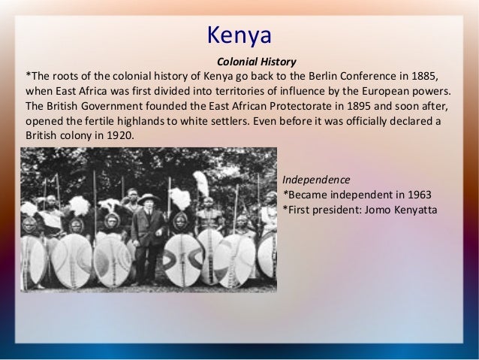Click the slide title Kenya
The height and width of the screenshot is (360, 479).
point(239,35)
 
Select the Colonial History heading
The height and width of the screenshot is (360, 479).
point(256,62)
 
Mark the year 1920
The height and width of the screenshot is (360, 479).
point(119,136)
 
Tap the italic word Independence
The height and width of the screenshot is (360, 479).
point(315,180)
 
